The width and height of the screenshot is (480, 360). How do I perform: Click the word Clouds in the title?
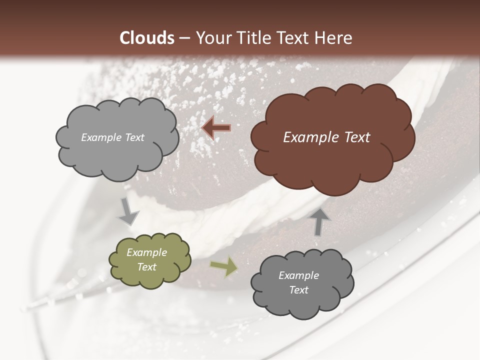pos(147,38)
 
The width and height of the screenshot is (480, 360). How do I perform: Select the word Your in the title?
pos(211,38)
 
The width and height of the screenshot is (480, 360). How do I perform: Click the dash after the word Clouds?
pos(184,38)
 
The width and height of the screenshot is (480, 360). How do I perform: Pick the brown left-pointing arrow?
pos(216,128)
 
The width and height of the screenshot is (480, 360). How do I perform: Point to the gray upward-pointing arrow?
pos(320,221)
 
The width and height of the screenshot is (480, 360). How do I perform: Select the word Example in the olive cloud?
pos(146,252)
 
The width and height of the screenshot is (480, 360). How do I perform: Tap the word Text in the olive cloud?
pos(146,267)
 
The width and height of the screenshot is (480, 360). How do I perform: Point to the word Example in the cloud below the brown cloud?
pos(298,275)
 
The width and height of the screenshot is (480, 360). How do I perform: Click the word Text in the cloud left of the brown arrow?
pos(134,137)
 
